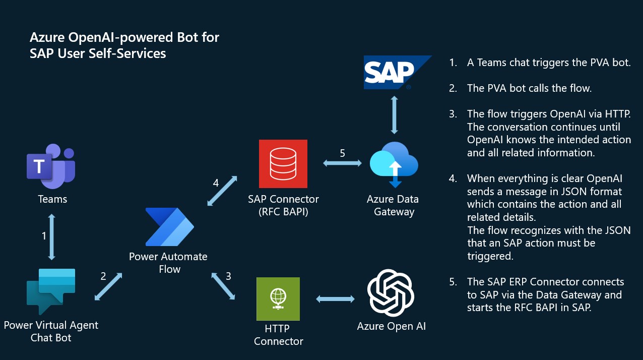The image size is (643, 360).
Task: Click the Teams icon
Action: point(51,163)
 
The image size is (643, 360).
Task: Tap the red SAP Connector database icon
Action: point(283,164)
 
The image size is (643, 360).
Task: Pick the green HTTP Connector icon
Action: point(278,299)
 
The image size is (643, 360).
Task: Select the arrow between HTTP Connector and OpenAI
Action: point(335,299)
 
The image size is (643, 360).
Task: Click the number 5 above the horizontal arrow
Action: point(343,153)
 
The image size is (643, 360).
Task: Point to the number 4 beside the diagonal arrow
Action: point(216,183)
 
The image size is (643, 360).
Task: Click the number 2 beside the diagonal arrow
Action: point(103,276)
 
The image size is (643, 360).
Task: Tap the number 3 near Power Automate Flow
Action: point(228,276)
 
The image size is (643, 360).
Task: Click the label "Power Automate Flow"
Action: point(168,263)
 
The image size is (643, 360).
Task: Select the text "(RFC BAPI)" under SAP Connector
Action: point(283,212)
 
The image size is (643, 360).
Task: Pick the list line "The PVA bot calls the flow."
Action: point(529,88)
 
